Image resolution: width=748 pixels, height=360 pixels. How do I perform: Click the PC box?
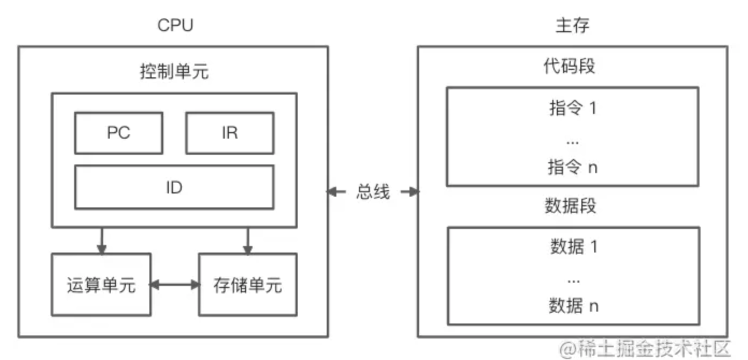click(118, 133)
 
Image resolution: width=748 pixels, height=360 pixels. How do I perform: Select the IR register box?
click(229, 133)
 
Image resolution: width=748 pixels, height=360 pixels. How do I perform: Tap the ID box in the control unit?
click(174, 187)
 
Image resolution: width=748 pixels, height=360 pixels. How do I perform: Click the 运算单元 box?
click(101, 285)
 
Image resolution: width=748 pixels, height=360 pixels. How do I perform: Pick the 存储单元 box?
click(247, 285)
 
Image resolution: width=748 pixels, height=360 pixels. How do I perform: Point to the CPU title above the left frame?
click(175, 26)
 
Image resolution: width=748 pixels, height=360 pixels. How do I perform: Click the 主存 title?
click(572, 26)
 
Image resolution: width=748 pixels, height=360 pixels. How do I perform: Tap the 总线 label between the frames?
click(373, 192)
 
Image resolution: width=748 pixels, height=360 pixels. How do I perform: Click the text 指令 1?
click(573, 108)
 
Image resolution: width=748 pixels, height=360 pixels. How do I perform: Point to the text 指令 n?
click(573, 167)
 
